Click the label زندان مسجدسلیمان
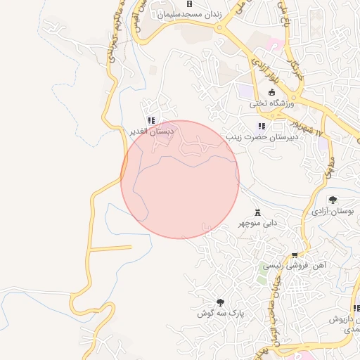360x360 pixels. (189, 14)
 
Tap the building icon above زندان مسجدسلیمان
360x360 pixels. (189, 4)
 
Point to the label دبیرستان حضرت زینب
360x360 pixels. (262, 136)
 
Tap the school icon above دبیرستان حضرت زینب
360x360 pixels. (262, 127)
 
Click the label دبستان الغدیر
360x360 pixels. (151, 131)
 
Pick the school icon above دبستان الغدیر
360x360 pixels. (151, 120)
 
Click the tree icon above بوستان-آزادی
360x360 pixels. (333, 200)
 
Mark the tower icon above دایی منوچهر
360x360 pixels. (257, 212)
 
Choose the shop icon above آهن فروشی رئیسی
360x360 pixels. (294, 255)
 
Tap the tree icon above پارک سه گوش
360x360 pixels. (220, 302)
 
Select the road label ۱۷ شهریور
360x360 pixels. (312, 128)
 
